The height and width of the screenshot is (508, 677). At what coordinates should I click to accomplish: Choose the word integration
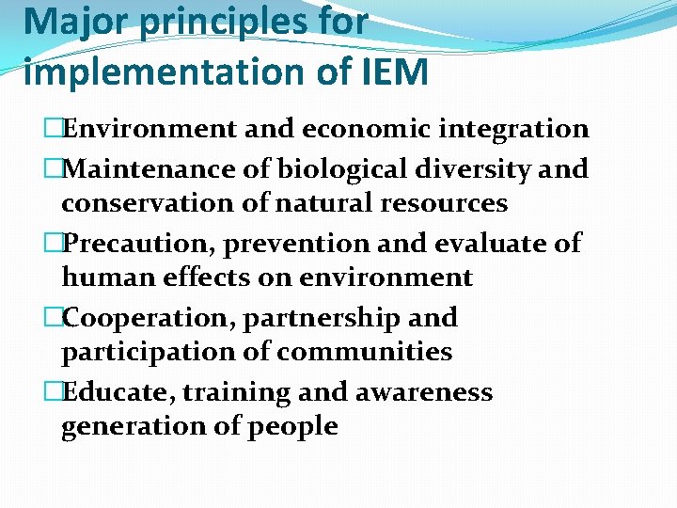pos(509,129)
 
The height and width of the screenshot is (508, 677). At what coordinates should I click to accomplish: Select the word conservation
pos(142,203)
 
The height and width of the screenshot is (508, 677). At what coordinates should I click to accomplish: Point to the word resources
pos(442,203)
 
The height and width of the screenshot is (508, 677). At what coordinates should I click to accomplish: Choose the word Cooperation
pos(148,318)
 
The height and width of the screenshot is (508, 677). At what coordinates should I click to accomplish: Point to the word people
pos(293,426)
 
